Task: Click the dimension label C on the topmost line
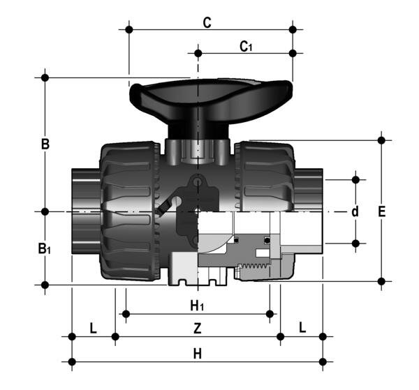[x=207, y=22]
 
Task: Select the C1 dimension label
[x=246, y=47]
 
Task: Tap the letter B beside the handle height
[x=45, y=144]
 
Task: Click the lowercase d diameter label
[x=355, y=211]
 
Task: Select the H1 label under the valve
[x=198, y=306]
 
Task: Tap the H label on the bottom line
[x=198, y=354]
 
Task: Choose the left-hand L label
[x=94, y=327]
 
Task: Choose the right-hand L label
[x=302, y=327]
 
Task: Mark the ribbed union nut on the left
[x=129, y=209]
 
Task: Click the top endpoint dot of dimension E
[x=381, y=140]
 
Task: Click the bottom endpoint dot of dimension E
[x=381, y=281]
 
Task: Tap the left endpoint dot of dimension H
[x=72, y=361]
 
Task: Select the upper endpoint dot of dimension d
[x=355, y=179]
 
